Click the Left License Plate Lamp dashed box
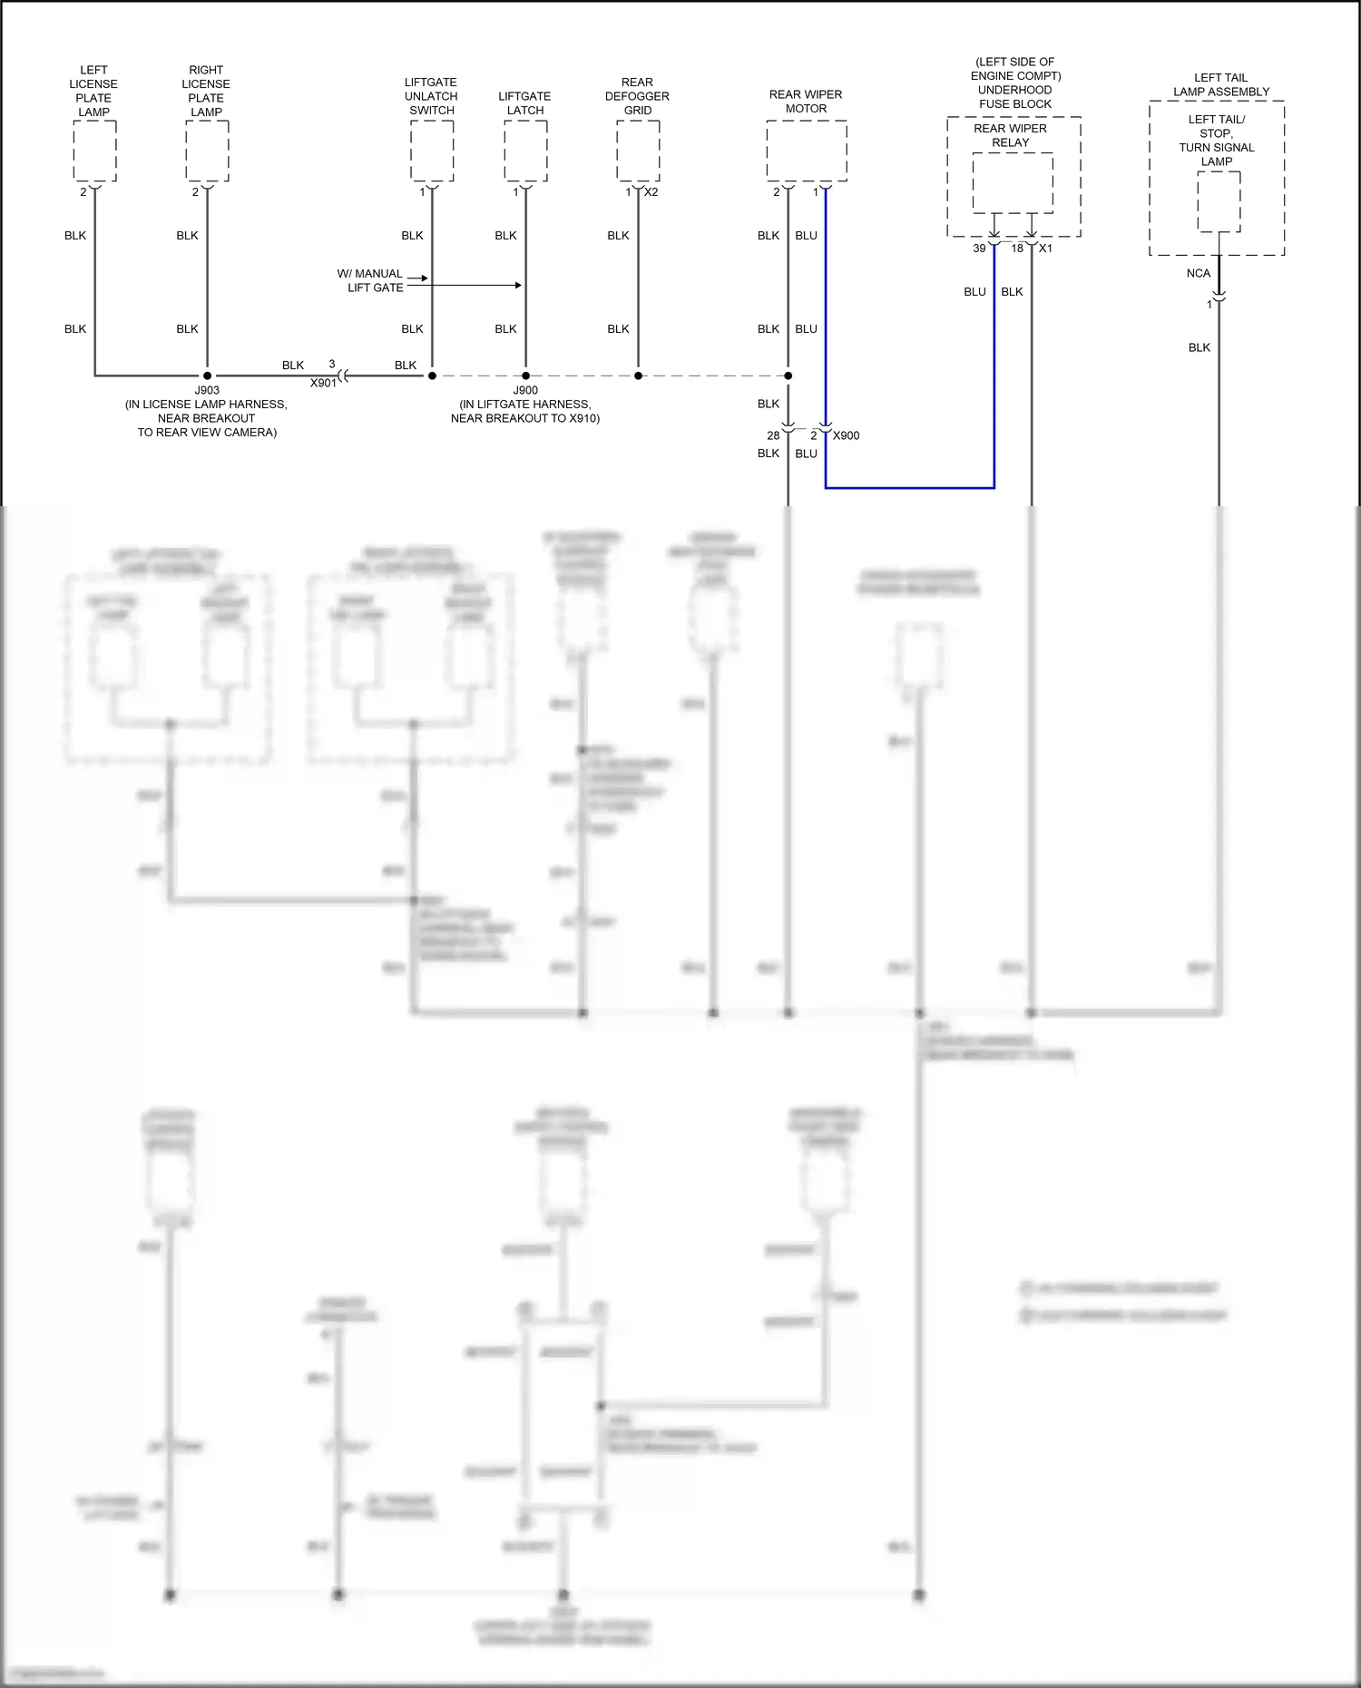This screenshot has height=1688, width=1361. click(x=94, y=151)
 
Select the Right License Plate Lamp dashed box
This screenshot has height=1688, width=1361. click(x=207, y=151)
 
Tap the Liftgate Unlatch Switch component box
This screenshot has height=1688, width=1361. click(x=432, y=151)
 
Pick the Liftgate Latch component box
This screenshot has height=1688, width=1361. click(x=525, y=151)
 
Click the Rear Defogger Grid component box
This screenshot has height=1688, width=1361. click(x=638, y=151)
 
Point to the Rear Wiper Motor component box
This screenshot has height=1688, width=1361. click(x=807, y=151)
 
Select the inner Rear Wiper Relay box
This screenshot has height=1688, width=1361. click(x=1013, y=183)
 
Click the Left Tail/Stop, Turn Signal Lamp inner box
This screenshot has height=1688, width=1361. click(x=1219, y=201)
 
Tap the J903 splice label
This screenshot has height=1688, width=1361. click(x=207, y=391)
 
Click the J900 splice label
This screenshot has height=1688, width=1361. click(x=525, y=391)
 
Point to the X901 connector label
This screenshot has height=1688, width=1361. click(x=323, y=383)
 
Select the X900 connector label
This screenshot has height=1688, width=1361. click(x=846, y=435)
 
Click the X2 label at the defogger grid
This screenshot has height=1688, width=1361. click(x=651, y=192)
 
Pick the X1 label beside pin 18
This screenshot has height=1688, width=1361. click(x=1045, y=249)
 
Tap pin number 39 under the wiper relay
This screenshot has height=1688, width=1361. click(x=979, y=249)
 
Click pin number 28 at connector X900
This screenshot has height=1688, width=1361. click(x=773, y=435)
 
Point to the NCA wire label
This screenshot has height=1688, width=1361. click(x=1198, y=273)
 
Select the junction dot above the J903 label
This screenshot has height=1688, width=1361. click(x=207, y=376)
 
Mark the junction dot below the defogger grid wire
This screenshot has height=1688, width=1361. click(x=638, y=376)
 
